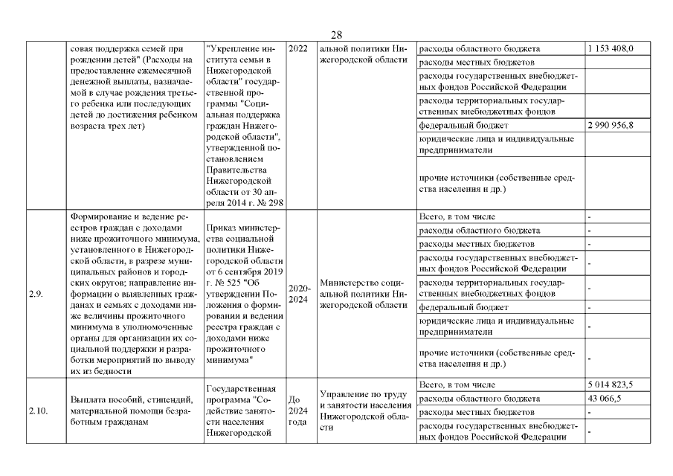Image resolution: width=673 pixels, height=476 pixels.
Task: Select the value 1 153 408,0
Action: [610, 48]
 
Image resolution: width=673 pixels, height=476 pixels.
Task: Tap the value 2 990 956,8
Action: [610, 125]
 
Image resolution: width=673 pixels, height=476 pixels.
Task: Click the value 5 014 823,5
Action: [610, 385]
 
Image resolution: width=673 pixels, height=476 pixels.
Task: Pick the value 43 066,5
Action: [604, 398]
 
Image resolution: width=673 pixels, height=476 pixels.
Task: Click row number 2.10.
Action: [38, 411]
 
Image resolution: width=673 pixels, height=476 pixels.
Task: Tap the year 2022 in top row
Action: [297, 48]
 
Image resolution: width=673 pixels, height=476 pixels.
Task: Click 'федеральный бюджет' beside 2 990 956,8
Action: [464, 125]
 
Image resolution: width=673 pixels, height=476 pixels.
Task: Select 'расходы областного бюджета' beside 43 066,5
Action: [480, 398]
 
